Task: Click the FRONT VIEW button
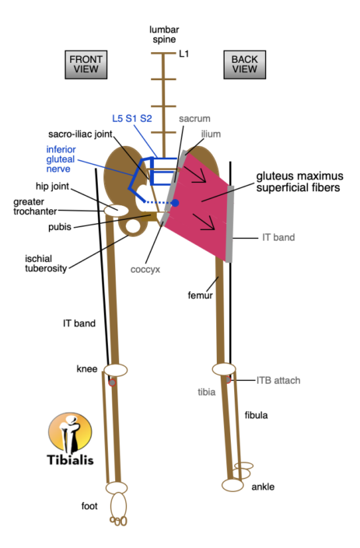click(x=86, y=64)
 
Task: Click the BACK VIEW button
click(x=244, y=64)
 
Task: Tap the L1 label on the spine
click(x=184, y=54)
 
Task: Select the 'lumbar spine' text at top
click(x=163, y=33)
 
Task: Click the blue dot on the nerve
click(x=175, y=203)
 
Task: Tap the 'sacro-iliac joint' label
click(x=79, y=133)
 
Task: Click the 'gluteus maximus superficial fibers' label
click(x=298, y=182)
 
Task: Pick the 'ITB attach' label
click(x=278, y=380)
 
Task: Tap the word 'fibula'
click(x=257, y=415)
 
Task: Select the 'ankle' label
click(x=263, y=487)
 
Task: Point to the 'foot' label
click(x=89, y=507)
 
